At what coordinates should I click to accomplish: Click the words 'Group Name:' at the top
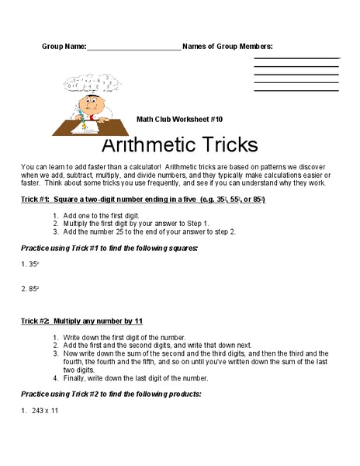pyautogui.click(x=64, y=47)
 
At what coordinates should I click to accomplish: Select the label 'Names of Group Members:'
pyautogui.click(x=227, y=47)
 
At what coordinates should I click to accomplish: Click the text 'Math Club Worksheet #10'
pyautogui.click(x=179, y=119)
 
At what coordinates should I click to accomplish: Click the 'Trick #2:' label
pyautogui.click(x=37, y=321)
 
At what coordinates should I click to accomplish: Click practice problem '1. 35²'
pyautogui.click(x=29, y=264)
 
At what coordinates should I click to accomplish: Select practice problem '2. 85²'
pyautogui.click(x=29, y=289)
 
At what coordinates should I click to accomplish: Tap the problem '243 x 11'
pyautogui.click(x=45, y=410)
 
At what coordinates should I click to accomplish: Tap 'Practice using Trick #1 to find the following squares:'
pyautogui.click(x=109, y=248)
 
